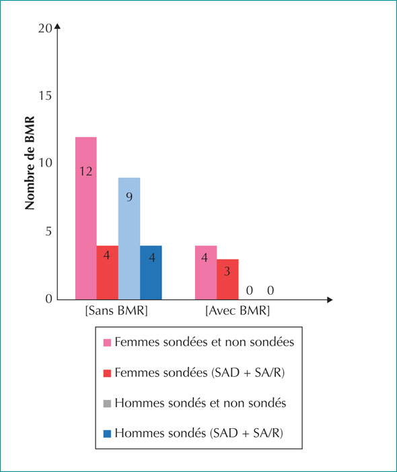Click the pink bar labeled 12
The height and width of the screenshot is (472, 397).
pos(86,218)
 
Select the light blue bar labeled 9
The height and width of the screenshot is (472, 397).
pos(129,239)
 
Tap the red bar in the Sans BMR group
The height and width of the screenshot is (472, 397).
pos(108,272)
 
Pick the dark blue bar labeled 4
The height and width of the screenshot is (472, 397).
pos(151,272)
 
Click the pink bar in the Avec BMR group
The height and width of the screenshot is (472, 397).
pos(206,272)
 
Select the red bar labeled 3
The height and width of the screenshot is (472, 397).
pos(227,279)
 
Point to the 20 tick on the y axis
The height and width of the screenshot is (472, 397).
pos(45,28)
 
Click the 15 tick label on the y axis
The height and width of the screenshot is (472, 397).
pos(45,96)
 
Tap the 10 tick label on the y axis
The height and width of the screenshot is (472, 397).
pos(45,163)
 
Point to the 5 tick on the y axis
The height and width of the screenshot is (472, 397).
pos(48,231)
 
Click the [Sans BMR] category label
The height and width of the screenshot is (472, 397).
pos(116,310)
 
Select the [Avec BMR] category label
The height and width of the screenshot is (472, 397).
pos(238,310)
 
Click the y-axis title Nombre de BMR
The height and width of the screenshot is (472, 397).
pos(30,163)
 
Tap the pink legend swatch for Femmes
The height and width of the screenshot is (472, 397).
pos(107,343)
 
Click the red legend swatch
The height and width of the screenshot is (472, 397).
pos(107,374)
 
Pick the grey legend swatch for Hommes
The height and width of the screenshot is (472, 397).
pos(107,403)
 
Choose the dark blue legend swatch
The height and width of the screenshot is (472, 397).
pos(107,434)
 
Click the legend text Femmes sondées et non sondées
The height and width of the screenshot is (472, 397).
pos(204,343)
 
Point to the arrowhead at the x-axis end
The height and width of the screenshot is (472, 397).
pos(330,299)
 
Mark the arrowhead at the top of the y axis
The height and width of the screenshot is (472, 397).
pos(58,26)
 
